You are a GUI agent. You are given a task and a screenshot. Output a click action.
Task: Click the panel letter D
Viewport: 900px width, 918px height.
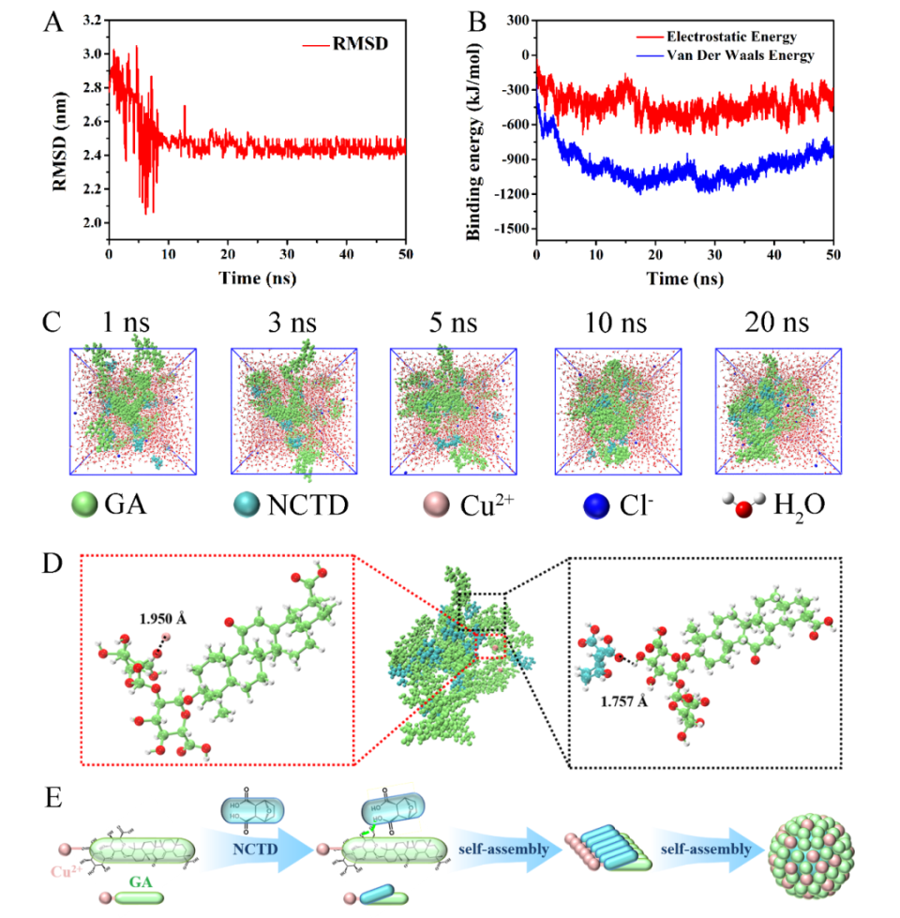[53, 564]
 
